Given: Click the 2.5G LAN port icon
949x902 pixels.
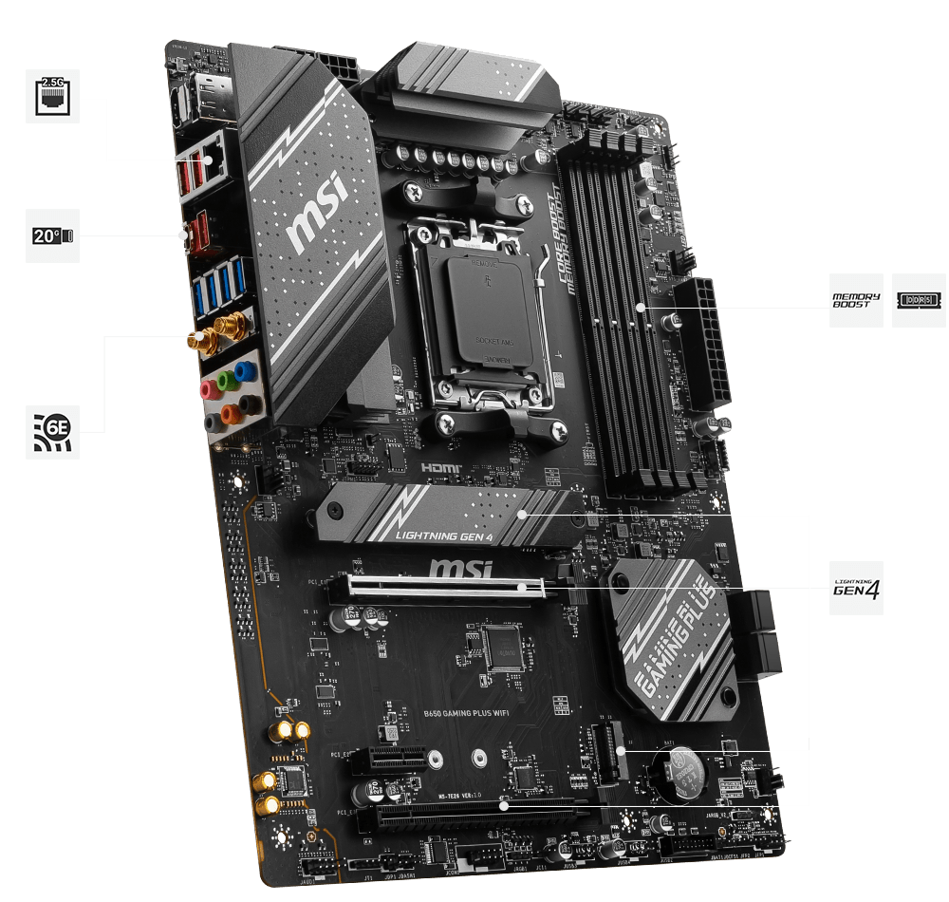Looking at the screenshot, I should click(x=52, y=96).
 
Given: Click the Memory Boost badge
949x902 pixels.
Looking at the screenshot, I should click(x=855, y=301).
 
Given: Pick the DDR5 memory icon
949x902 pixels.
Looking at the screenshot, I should click(x=918, y=301).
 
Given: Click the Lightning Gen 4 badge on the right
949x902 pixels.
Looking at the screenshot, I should click(x=855, y=588).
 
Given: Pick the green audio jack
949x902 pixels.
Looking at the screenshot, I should click(x=226, y=381).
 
